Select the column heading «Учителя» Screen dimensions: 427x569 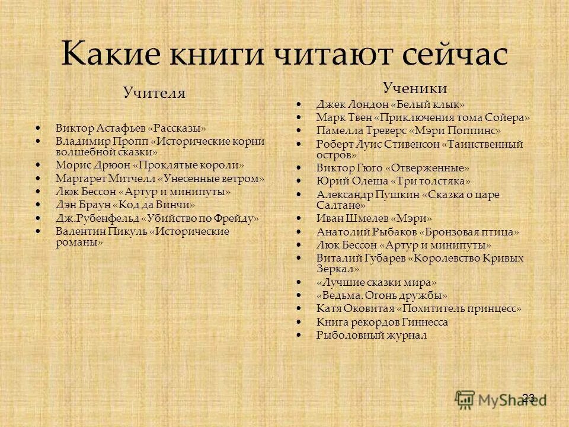[154, 93]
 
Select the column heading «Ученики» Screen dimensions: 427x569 [415, 88]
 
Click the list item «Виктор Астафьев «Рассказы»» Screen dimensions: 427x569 [131, 128]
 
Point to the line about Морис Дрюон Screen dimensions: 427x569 [149, 165]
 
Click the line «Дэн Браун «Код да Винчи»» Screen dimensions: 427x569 [125, 205]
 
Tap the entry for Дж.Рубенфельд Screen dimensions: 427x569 [157, 218]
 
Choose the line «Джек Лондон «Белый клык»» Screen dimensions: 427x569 [391, 104]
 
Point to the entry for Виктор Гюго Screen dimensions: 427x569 [393, 168]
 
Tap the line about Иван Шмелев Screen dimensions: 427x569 [375, 218]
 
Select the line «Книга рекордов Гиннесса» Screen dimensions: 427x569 [382, 322]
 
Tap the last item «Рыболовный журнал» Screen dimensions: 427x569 [372, 335]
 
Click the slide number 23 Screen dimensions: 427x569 [529, 397]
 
